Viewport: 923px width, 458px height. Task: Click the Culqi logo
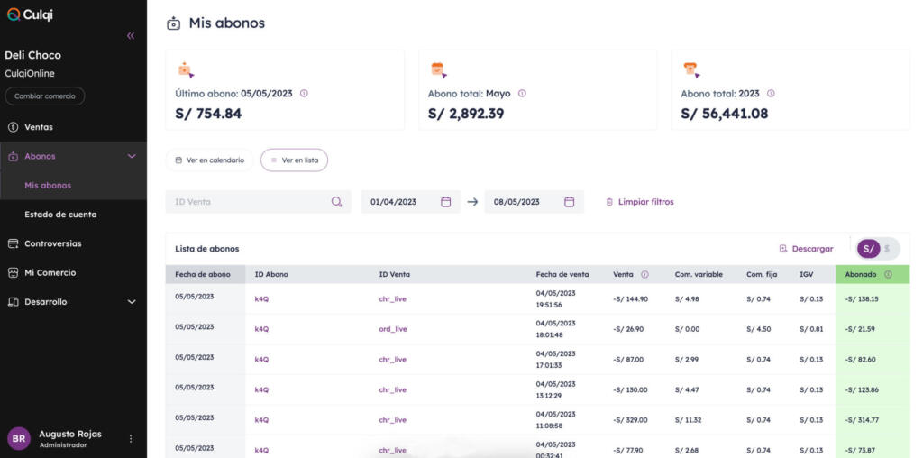pos(30,14)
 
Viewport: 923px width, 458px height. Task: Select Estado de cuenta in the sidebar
pos(60,215)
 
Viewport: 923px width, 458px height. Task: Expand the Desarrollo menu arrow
pos(132,302)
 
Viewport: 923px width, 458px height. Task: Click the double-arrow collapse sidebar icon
pos(131,36)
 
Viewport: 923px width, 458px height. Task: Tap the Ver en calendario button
pos(209,160)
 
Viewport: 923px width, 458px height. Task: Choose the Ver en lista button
pos(295,160)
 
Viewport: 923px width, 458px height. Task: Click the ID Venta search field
pos(259,202)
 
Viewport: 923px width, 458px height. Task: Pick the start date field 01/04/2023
pos(411,202)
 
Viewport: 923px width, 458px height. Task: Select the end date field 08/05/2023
pos(534,202)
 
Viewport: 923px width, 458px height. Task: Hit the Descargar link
pos(807,249)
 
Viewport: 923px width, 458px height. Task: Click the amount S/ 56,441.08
pos(725,114)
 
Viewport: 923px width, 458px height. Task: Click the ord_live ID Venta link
pos(393,329)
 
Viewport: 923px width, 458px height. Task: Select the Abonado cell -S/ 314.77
pos(862,420)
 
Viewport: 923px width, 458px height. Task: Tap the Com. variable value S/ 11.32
pos(688,420)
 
